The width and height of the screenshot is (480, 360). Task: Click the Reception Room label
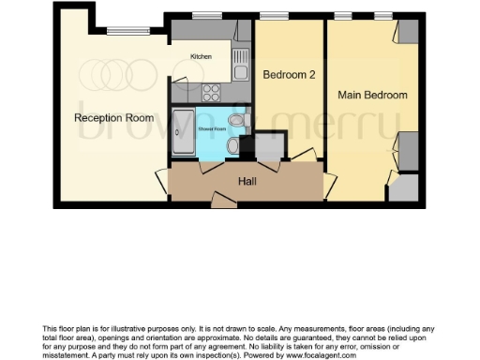tap(114, 118)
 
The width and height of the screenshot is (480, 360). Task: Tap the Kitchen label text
tap(201, 56)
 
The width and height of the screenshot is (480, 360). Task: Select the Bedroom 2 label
tap(288, 74)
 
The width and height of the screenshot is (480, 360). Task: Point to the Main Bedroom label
tap(372, 96)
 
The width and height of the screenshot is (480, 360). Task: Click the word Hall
tap(247, 181)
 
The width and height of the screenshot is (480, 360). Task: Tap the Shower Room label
tap(213, 128)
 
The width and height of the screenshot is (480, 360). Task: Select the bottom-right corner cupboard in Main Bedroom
tap(402, 187)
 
